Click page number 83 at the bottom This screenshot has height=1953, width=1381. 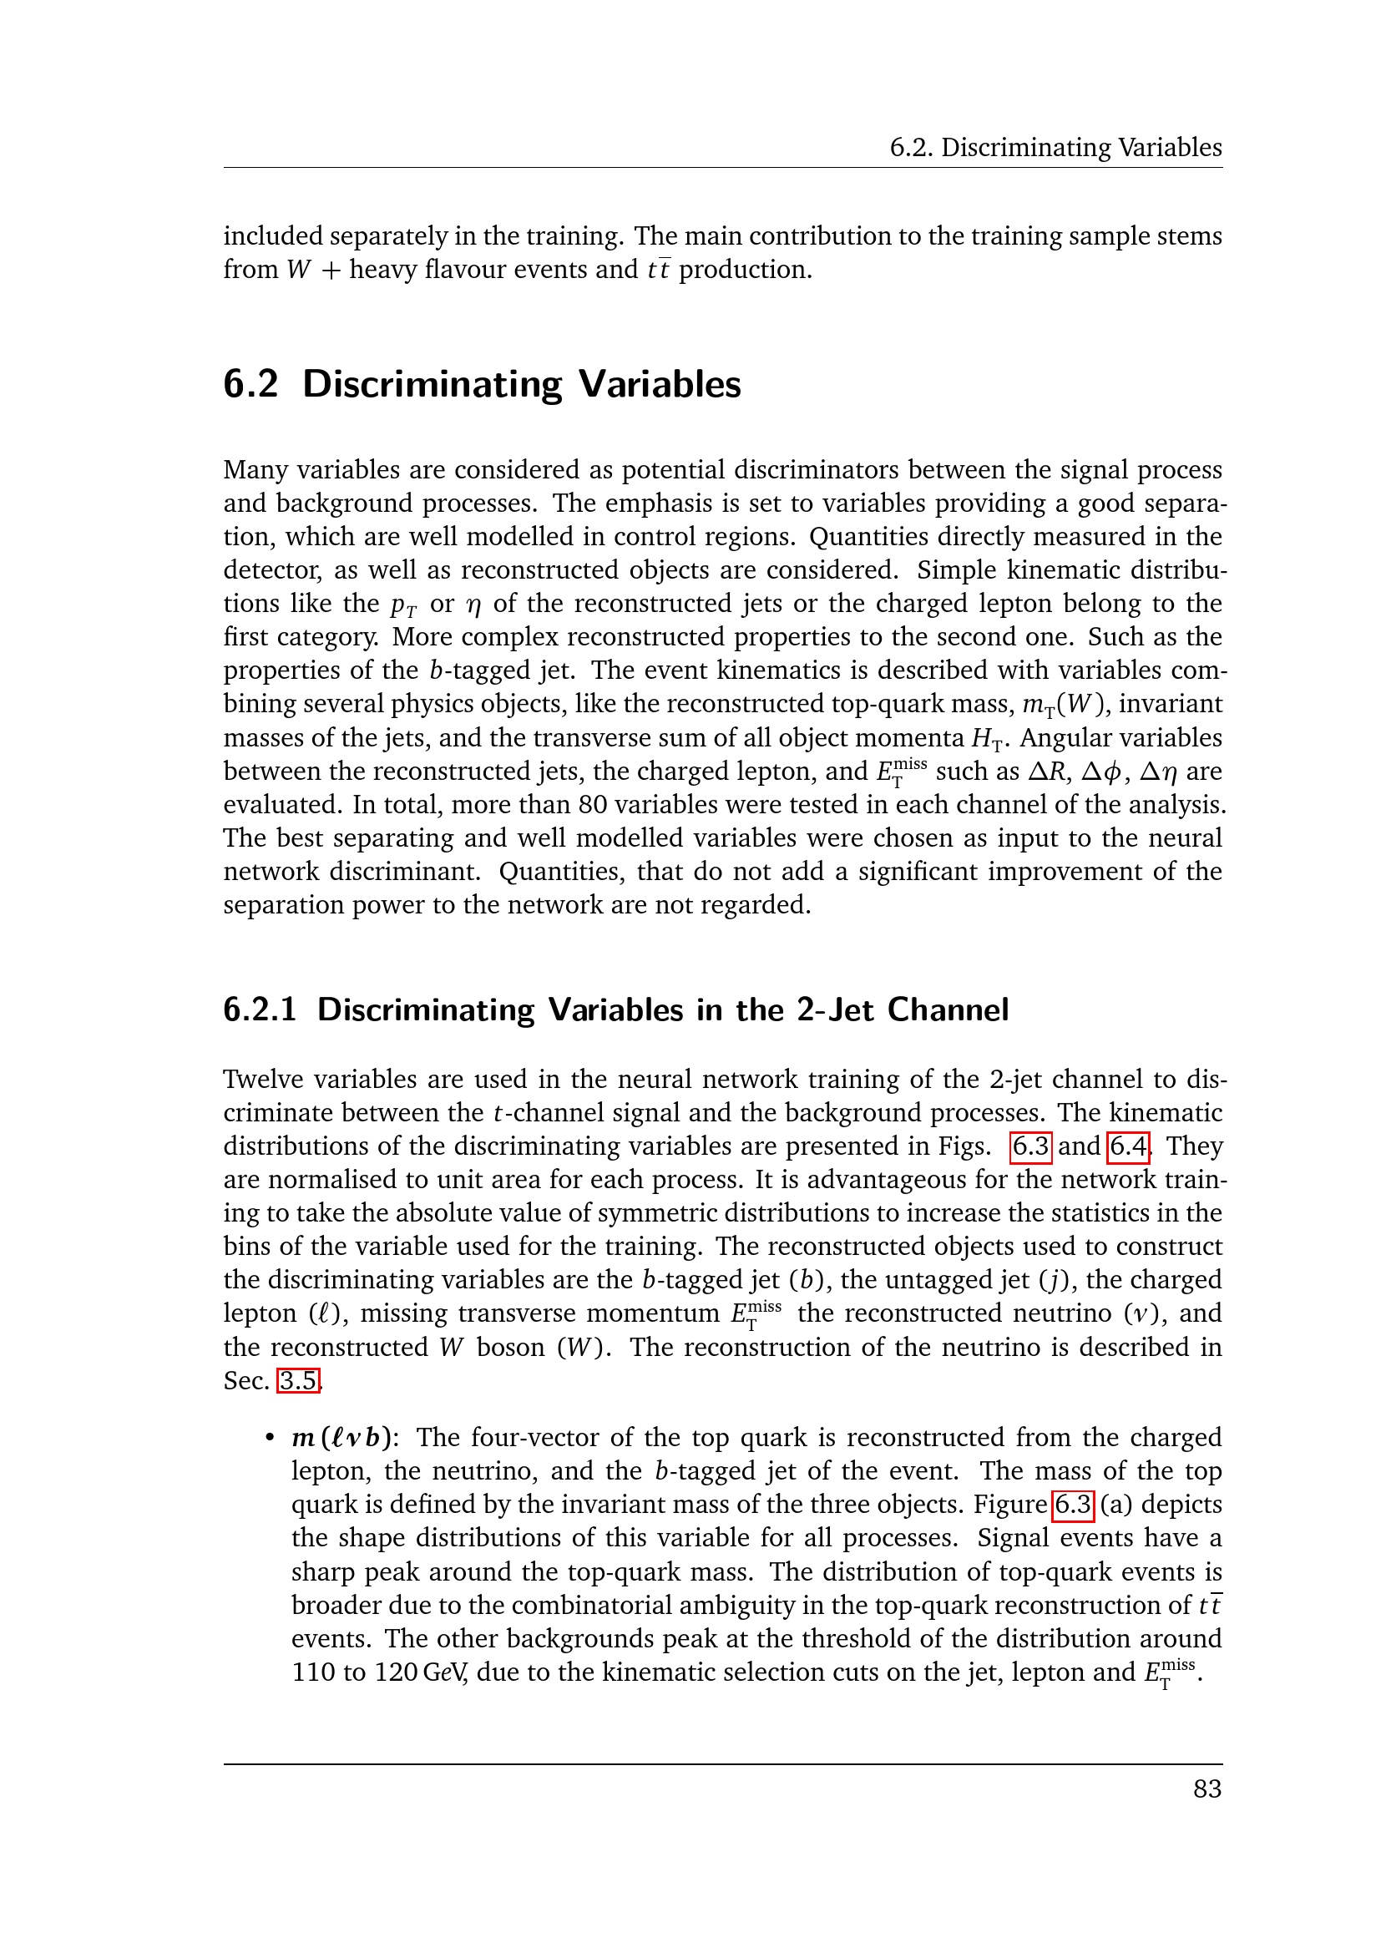pos(1206,1789)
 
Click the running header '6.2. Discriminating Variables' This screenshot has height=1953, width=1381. pos(1055,148)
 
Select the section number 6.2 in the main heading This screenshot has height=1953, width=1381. pos(250,384)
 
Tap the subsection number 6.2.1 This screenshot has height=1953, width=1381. pos(260,1009)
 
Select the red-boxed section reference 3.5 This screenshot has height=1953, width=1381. pos(298,1380)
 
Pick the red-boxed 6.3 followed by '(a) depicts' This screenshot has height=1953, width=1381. pos(1073,1505)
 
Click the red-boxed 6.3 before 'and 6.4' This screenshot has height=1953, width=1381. pos(1030,1146)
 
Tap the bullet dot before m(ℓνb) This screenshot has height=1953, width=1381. pos(270,1438)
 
